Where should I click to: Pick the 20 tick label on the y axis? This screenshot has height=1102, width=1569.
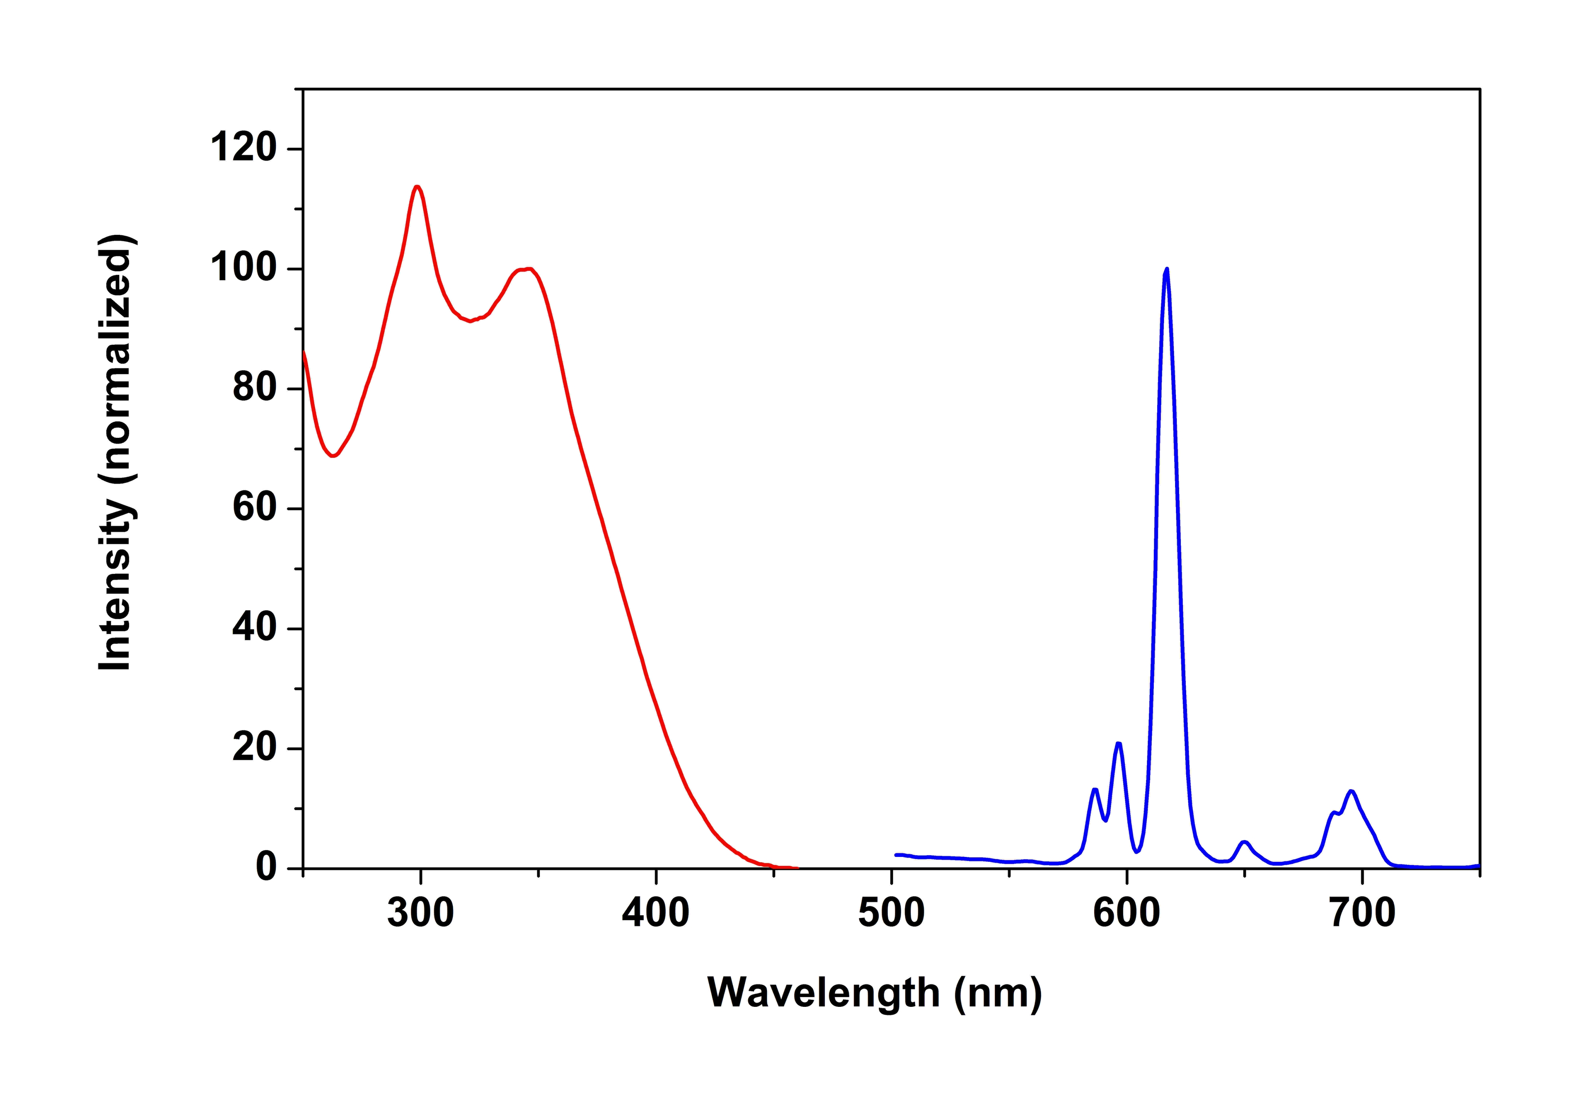pyautogui.click(x=254, y=748)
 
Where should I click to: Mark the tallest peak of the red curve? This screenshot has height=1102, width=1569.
pyautogui.click(x=417, y=187)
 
